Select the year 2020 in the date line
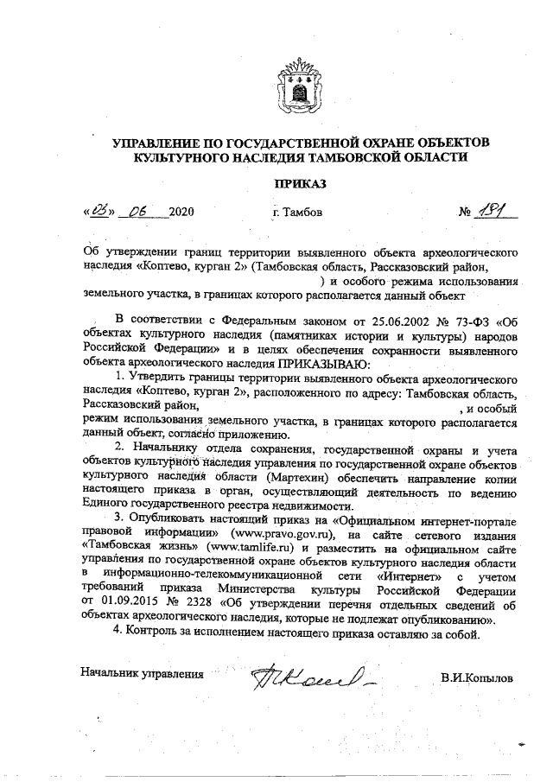point(182,213)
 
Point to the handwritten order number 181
point(498,210)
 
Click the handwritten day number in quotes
point(100,211)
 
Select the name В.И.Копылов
point(474,677)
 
